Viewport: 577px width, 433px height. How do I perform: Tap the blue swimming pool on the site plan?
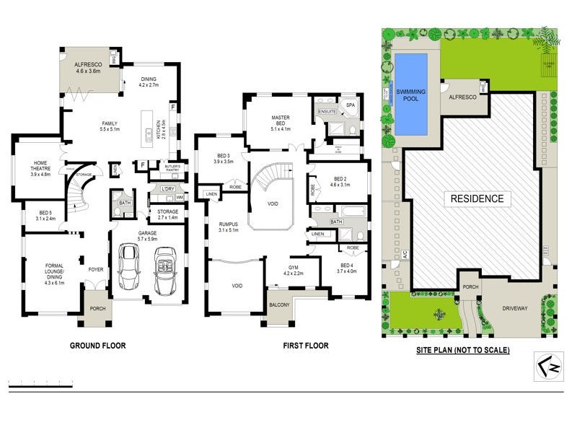(x=411, y=94)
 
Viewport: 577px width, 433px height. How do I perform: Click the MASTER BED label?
(x=280, y=121)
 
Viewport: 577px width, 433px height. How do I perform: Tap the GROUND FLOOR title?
(x=97, y=346)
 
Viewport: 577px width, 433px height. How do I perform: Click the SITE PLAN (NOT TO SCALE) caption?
(x=463, y=350)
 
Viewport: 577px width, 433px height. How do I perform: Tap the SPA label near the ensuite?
(x=351, y=105)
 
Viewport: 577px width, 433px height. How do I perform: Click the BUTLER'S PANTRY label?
(x=172, y=168)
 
